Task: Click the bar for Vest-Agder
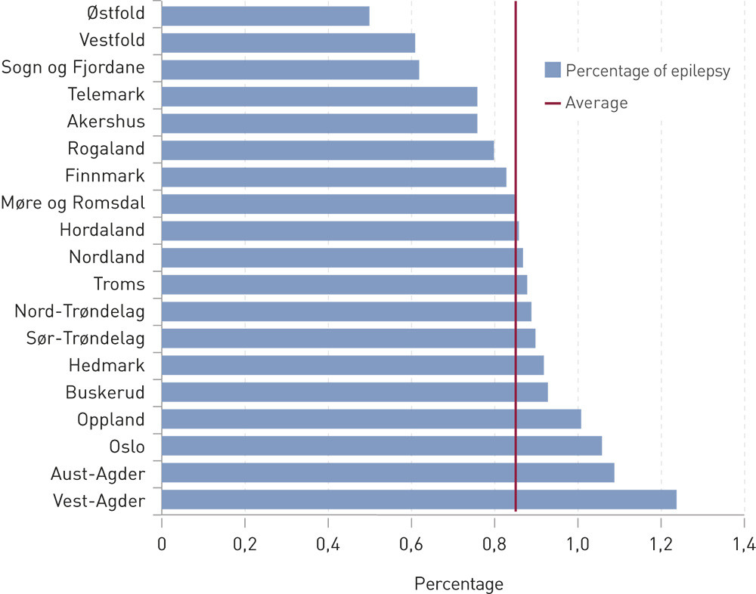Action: pos(419,500)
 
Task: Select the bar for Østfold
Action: pos(265,16)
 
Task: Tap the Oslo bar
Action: pos(382,446)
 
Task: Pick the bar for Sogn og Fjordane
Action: pos(290,70)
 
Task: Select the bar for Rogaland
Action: pos(327,150)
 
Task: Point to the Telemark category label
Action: pos(106,96)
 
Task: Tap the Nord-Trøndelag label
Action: pos(80,311)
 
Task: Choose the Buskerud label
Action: pos(105,391)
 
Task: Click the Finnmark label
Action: pos(106,177)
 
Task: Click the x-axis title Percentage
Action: pos(459,583)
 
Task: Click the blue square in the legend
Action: pos(552,71)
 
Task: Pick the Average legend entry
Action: pos(596,102)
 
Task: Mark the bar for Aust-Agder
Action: pos(388,473)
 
